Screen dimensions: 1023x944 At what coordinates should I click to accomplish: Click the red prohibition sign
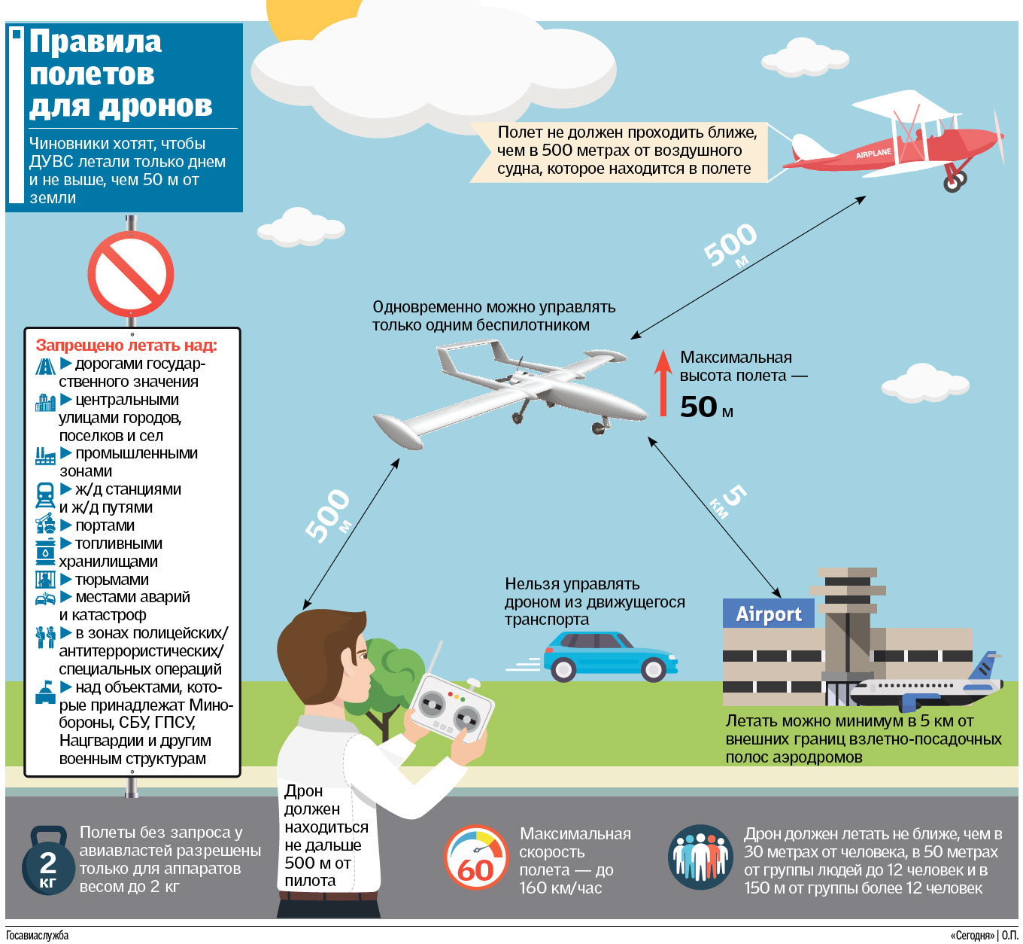click(130, 274)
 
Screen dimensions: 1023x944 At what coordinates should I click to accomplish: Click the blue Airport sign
click(768, 614)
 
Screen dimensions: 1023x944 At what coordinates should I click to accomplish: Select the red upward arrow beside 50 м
click(663, 383)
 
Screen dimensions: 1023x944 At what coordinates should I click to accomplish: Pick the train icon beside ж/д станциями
click(45, 495)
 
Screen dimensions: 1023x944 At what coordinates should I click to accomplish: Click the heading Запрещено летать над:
click(126, 345)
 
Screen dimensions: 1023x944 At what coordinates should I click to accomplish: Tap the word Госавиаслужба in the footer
click(37, 935)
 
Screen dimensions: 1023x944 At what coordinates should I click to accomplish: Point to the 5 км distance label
click(728, 501)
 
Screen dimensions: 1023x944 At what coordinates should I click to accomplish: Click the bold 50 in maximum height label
click(699, 407)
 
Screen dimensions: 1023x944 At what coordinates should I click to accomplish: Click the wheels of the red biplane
click(955, 181)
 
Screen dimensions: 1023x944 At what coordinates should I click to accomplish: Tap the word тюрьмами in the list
click(112, 580)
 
